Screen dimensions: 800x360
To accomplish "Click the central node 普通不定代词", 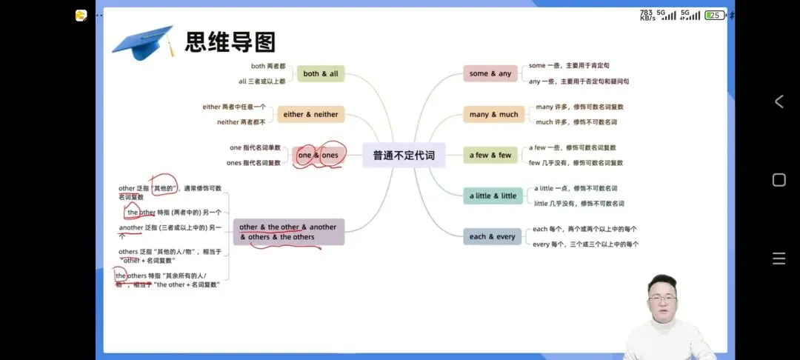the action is tap(404, 156).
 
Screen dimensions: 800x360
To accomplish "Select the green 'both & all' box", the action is tap(321, 73).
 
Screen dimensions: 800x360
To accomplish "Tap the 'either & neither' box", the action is tap(310, 114).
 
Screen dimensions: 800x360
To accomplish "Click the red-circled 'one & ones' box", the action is tap(318, 156).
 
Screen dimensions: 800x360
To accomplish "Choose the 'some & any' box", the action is tap(490, 73).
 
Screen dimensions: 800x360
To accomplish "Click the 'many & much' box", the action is tap(493, 114).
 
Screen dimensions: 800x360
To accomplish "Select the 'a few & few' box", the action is tap(490, 156).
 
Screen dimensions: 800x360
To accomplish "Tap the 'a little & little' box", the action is tap(493, 196).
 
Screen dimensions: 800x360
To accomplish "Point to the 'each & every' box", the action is tap(492, 237).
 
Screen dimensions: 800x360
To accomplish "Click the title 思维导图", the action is tap(230, 41).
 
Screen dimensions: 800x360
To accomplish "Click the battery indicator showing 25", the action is tap(715, 15).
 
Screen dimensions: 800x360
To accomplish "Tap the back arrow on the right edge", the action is tap(779, 101).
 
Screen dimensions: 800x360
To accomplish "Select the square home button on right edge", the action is tap(779, 180).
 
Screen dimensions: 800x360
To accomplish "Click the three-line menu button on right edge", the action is tap(779, 259).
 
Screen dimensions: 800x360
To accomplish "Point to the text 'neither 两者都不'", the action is tap(241, 121).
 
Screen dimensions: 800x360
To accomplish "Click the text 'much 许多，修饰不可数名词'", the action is tap(576, 121).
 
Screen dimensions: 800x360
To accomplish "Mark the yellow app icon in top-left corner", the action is tap(81, 15).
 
